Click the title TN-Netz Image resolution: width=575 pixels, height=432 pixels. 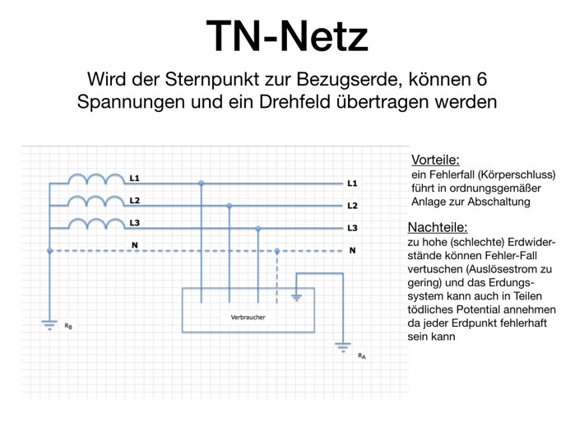pyautogui.click(x=287, y=36)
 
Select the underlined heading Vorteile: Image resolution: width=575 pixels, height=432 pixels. pyautogui.click(x=435, y=160)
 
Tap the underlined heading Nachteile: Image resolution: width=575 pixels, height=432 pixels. pyautogui.click(x=438, y=227)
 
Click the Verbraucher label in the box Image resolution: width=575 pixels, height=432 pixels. pyautogui.click(x=248, y=318)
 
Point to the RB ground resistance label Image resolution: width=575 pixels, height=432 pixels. pyautogui.click(x=68, y=326)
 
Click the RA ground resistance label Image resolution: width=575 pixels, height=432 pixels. pyautogui.click(x=362, y=355)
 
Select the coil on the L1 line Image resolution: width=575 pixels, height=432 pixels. pyautogui.click(x=96, y=179)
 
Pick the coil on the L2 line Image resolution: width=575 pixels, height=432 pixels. pyautogui.click(x=96, y=201)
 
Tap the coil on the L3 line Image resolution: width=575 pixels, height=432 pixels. pyautogui.click(x=96, y=223)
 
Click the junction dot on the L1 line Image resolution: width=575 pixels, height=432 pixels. pyautogui.click(x=201, y=183)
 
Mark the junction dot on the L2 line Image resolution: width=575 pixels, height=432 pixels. pyautogui.click(x=230, y=206)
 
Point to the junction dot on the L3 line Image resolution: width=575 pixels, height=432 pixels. pyautogui.click(x=258, y=229)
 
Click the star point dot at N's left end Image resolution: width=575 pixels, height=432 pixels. pyautogui.click(x=50, y=250)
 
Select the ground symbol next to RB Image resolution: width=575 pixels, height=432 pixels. pyautogui.click(x=49, y=325)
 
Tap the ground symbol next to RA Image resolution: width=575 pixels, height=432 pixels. pyautogui.click(x=343, y=347)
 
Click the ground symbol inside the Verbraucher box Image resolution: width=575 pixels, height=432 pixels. pyautogui.click(x=296, y=297)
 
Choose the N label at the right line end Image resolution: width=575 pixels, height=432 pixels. pyautogui.click(x=352, y=250)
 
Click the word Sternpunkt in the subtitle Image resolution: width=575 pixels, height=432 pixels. pyautogui.click(x=211, y=79)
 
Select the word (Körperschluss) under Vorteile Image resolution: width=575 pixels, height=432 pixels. pyautogui.click(x=517, y=174)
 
